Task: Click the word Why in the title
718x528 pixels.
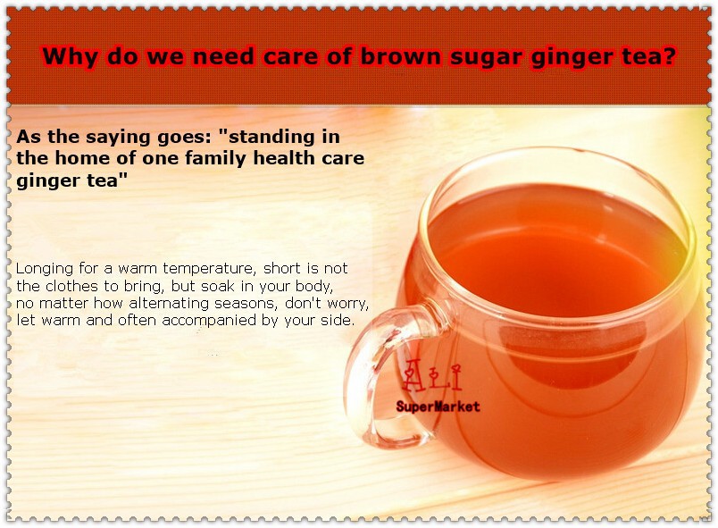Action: tap(70, 56)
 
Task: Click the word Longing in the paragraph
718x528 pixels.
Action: tap(45, 269)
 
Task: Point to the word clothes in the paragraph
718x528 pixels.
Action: tap(72, 286)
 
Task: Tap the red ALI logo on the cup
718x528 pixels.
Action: tap(431, 375)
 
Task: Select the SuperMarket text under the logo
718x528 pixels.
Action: tap(438, 406)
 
